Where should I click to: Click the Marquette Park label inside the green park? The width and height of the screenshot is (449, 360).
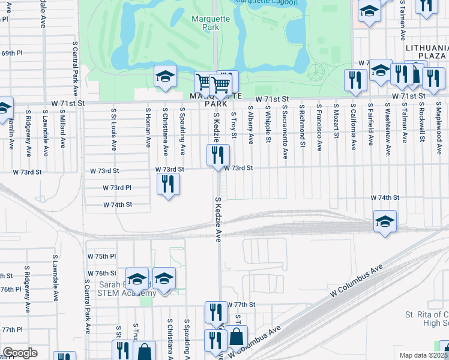(x=210, y=23)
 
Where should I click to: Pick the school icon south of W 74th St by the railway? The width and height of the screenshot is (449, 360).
(x=385, y=221)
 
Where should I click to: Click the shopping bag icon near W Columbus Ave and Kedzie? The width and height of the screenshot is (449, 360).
(x=237, y=337)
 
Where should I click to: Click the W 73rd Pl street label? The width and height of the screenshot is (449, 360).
(x=116, y=188)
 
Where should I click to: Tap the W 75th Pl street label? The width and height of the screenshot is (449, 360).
(x=101, y=256)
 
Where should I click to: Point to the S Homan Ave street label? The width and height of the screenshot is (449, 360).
(x=148, y=128)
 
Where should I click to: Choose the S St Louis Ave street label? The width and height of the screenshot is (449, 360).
(x=113, y=128)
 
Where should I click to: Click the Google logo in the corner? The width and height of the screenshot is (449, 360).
(x=20, y=353)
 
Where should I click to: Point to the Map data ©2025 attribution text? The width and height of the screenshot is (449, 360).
(x=424, y=355)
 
